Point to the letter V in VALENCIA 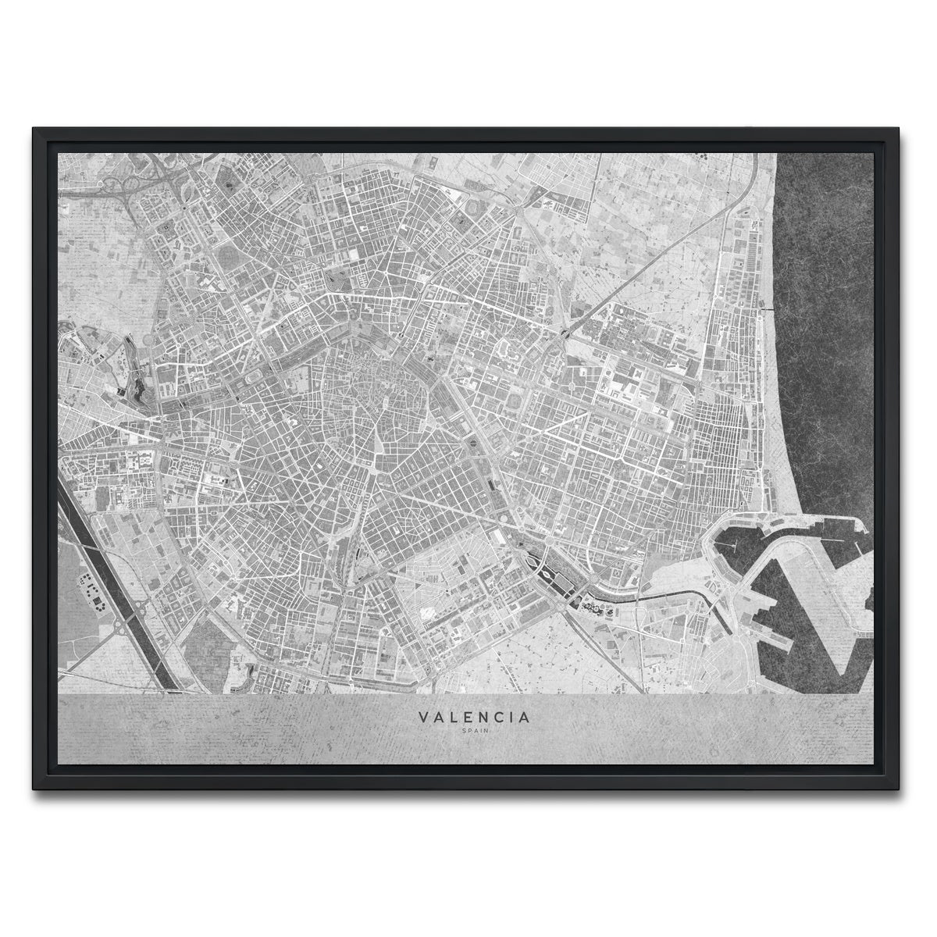pos(422,716)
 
